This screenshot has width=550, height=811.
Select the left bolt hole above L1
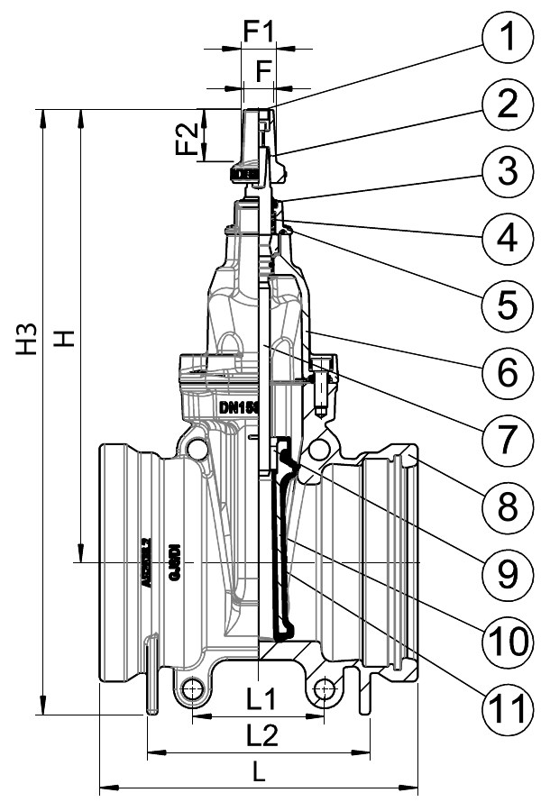[191, 691]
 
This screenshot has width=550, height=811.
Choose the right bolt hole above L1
[325, 691]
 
